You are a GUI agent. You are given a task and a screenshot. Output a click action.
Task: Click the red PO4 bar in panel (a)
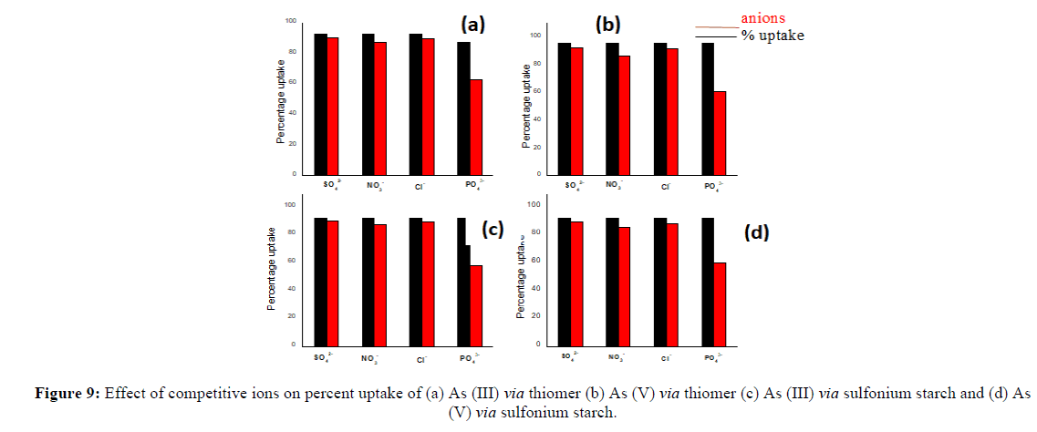coord(475,126)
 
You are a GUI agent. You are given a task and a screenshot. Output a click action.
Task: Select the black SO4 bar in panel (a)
coord(320,103)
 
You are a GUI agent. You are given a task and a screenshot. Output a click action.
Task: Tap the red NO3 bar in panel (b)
coord(624,114)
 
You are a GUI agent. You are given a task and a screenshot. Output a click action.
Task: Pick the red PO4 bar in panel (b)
coord(720,132)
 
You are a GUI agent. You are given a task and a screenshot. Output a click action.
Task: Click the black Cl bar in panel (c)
coord(416,281)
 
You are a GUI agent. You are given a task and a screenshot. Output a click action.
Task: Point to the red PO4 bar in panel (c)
coord(476,304)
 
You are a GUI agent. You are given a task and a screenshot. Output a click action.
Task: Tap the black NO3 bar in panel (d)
coord(611,281)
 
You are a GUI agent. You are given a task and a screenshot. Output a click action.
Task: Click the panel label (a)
coord(473,24)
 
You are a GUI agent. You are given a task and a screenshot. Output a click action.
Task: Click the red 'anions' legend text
coord(762,17)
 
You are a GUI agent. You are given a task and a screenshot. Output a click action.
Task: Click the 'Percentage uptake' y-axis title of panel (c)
coord(271,270)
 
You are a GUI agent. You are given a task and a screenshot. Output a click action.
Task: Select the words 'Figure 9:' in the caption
coord(67,394)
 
